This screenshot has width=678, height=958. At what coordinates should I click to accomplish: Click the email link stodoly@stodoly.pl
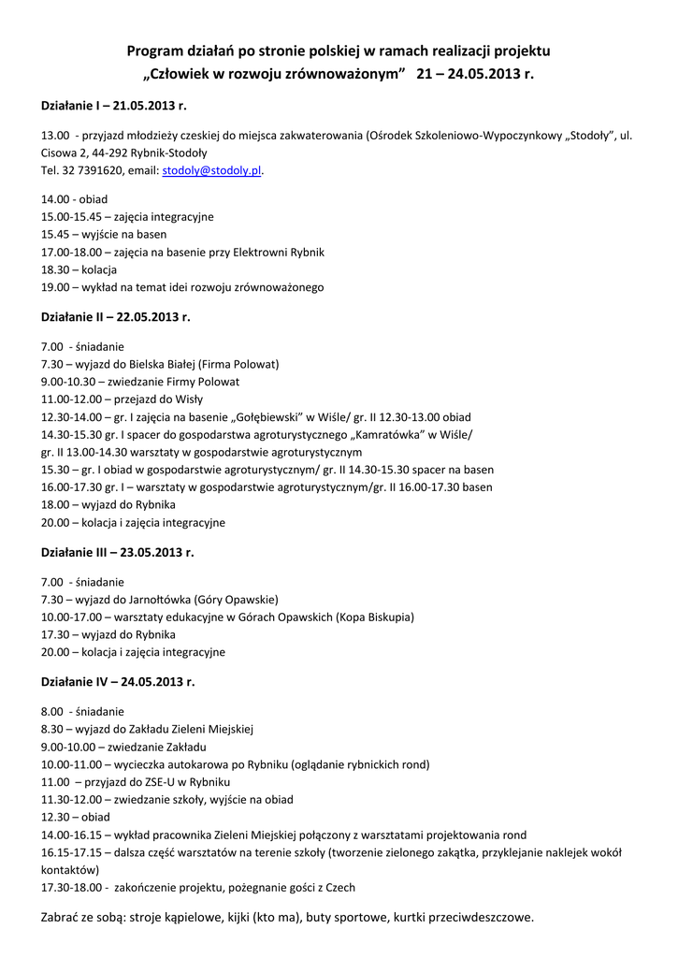pyautogui.click(x=212, y=171)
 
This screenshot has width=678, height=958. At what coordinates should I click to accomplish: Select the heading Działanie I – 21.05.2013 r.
pyautogui.click(x=113, y=106)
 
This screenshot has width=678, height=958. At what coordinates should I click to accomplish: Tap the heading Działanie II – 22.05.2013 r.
pyautogui.click(x=115, y=317)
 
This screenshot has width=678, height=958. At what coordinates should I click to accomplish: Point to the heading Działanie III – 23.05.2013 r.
pyautogui.click(x=118, y=552)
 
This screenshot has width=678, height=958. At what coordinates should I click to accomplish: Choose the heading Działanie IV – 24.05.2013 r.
pyautogui.click(x=118, y=682)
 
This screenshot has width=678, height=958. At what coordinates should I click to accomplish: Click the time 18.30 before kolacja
pyautogui.click(x=55, y=269)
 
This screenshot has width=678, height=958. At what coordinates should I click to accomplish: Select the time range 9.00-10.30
pyautogui.click(x=71, y=382)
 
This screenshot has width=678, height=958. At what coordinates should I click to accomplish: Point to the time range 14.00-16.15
pyautogui.click(x=74, y=835)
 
